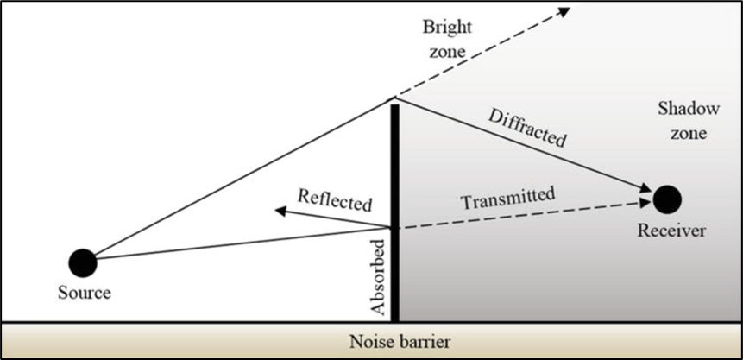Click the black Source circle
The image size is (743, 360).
click(x=82, y=261)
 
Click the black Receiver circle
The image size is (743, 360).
click(x=667, y=199)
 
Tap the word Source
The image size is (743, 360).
click(x=84, y=293)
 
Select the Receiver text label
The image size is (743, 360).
click(x=671, y=231)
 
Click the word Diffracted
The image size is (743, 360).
click(x=526, y=126)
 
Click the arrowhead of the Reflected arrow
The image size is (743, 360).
click(x=278, y=209)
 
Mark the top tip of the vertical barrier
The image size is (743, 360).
click(x=394, y=105)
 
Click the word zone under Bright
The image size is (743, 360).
click(x=445, y=52)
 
